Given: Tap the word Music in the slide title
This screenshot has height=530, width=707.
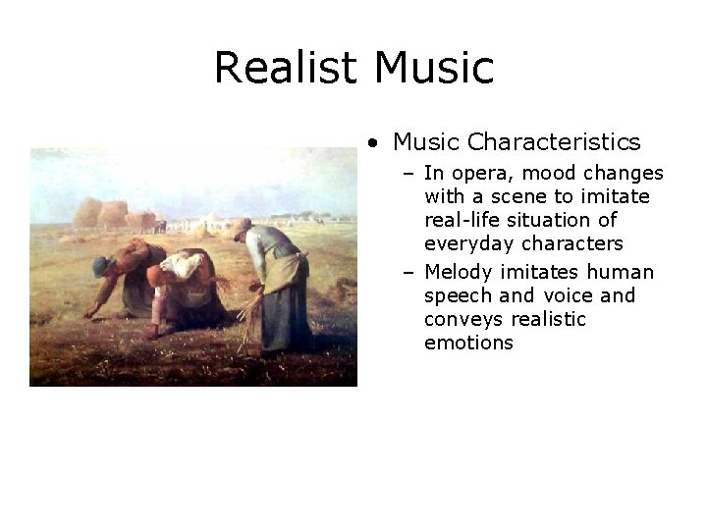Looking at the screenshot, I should pyautogui.click(x=434, y=67).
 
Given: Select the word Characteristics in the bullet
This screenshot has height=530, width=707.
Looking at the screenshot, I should pyautogui.click(x=555, y=142).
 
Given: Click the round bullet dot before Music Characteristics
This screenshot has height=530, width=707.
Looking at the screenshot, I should pyautogui.click(x=374, y=143).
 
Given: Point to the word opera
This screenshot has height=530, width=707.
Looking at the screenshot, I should pyautogui.click(x=478, y=175).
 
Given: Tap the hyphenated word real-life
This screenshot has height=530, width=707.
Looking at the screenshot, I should pyautogui.click(x=463, y=221).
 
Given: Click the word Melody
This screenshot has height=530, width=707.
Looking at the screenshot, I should pyautogui.click(x=461, y=272).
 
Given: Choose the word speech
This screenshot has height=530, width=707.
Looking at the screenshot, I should pyautogui.click(x=457, y=296).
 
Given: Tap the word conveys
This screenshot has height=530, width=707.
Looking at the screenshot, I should pyautogui.click(x=463, y=319).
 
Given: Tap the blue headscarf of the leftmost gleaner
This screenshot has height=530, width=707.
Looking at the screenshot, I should pyautogui.click(x=101, y=265).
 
